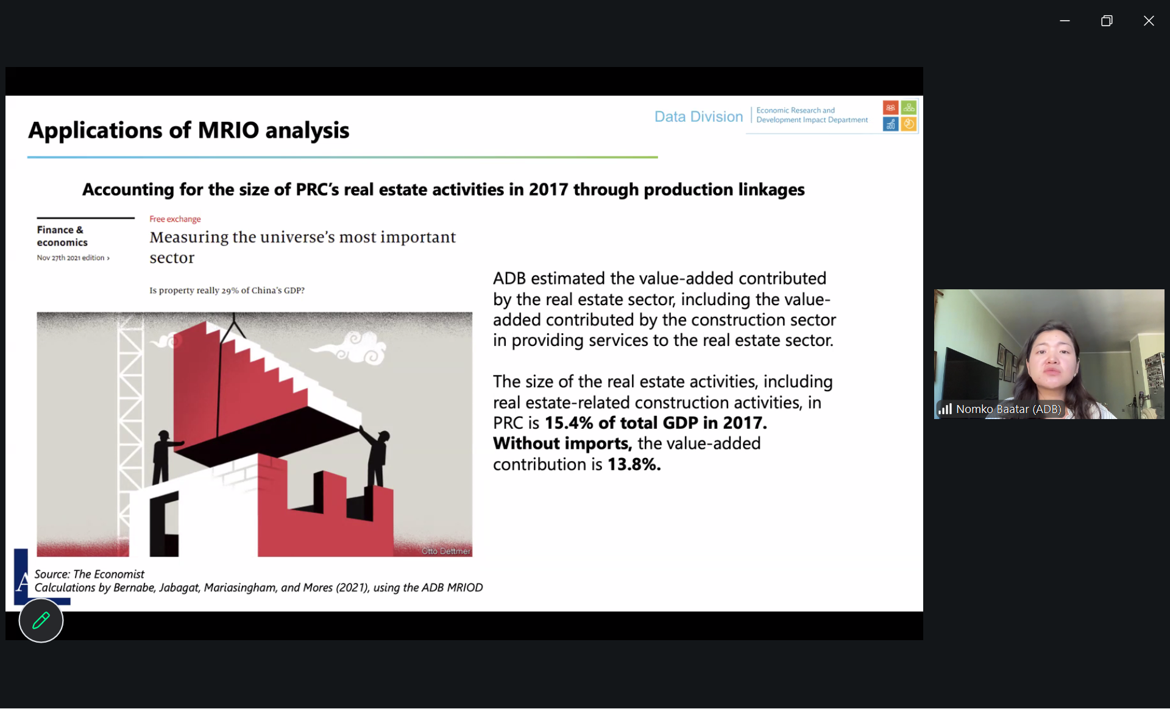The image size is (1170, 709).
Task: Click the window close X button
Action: point(1149,21)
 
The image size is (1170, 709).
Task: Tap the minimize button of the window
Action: point(1065,21)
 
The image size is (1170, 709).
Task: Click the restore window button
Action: point(1107,21)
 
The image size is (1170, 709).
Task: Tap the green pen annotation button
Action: point(41,621)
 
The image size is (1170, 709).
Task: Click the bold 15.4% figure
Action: point(568,423)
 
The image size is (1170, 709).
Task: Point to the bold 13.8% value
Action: point(634,464)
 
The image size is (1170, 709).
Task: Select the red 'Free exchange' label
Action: point(175,219)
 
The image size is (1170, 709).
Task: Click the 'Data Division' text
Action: point(698,116)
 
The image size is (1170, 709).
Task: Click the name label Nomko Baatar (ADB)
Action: point(1009,409)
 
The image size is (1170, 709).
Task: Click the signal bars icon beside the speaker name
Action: point(945,409)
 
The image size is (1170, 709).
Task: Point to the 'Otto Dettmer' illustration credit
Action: point(446,551)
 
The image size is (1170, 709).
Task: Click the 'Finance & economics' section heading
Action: point(62,236)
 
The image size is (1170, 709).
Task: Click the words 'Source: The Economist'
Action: point(89,574)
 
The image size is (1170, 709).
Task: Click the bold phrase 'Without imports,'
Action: point(562,443)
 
